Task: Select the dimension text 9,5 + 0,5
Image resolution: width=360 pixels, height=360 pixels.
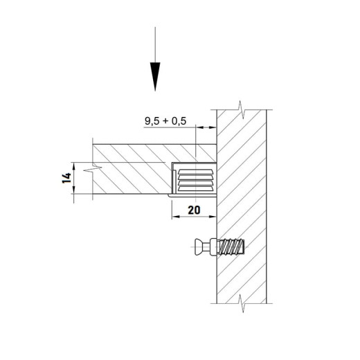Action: click(x=165, y=121)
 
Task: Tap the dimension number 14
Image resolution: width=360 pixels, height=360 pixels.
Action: click(x=66, y=178)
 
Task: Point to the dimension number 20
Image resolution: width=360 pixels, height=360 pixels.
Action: click(x=194, y=210)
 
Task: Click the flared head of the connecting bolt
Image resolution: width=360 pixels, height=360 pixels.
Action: click(x=199, y=247)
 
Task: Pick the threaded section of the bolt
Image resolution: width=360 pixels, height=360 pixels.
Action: click(x=231, y=247)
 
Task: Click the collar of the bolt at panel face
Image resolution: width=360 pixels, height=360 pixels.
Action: click(x=213, y=247)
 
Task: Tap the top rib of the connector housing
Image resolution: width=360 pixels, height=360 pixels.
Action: click(x=195, y=172)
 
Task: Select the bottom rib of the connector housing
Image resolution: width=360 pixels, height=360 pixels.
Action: click(x=195, y=189)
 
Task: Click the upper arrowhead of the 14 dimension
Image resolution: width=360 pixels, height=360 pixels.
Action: click(x=74, y=166)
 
